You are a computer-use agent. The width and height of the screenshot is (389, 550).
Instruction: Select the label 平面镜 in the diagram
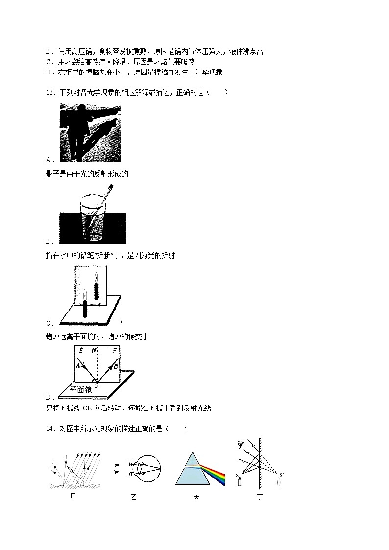pos(81,390)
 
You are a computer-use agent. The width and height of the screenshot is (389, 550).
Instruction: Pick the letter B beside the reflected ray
pos(116,366)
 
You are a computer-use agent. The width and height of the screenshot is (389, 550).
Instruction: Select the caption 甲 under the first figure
pos(73,497)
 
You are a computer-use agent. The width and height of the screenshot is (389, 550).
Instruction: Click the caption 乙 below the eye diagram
pos(134,497)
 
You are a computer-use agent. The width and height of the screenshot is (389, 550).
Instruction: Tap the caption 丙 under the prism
pos(196,497)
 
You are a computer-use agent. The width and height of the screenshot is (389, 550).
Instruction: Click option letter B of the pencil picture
pos(49,241)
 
